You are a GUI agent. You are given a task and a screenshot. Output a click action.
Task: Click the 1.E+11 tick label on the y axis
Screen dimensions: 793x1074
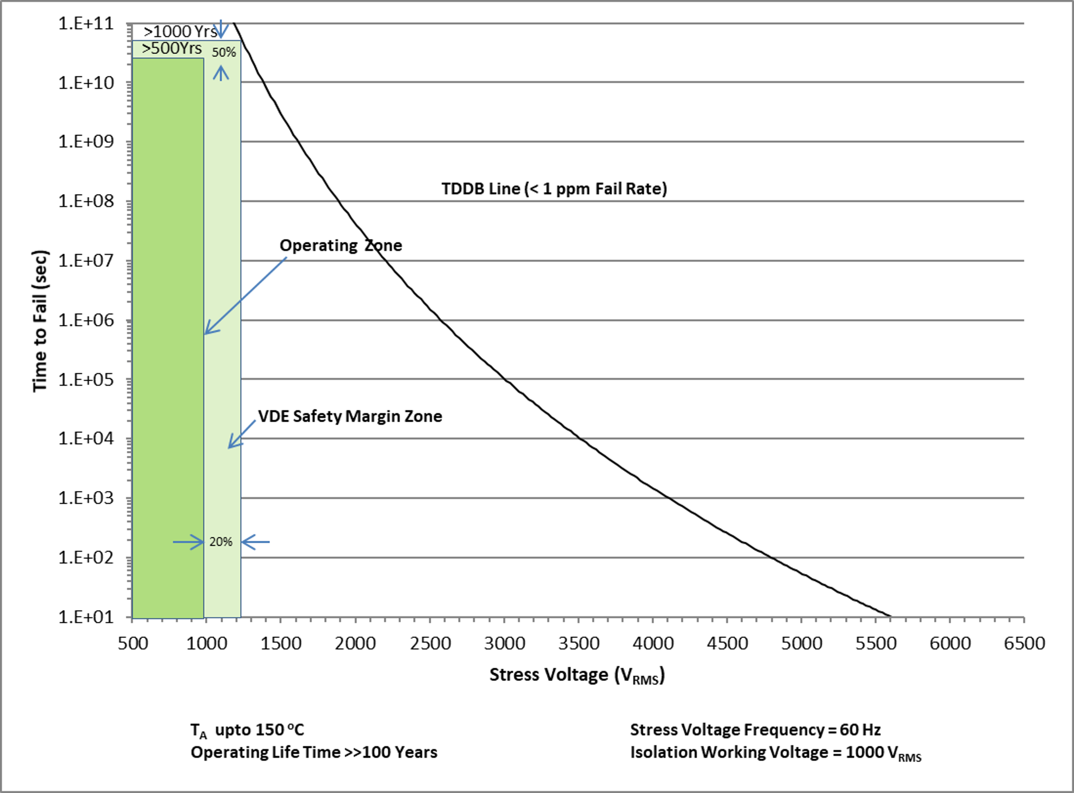pyautogui.click(x=87, y=23)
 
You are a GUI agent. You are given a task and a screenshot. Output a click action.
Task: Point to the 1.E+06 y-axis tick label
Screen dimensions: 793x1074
pyautogui.click(x=87, y=320)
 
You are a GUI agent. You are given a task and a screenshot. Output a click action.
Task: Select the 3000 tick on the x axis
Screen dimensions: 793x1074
pyautogui.click(x=504, y=643)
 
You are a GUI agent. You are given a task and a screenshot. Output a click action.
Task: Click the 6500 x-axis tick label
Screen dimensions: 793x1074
pyautogui.click(x=1024, y=643)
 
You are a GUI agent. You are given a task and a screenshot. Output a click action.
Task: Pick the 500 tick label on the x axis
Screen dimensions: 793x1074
pyautogui.click(x=133, y=643)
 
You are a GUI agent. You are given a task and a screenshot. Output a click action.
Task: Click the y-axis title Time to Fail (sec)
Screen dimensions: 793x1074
pyautogui.click(x=40, y=321)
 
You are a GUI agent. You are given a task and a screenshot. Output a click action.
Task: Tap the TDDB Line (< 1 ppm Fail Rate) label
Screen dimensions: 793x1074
pyautogui.click(x=554, y=189)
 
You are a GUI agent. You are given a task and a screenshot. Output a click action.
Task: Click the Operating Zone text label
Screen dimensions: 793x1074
pyautogui.click(x=340, y=245)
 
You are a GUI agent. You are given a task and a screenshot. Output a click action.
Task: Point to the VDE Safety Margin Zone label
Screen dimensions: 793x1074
pyautogui.click(x=350, y=416)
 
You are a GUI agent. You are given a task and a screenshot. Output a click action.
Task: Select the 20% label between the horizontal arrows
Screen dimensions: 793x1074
pyautogui.click(x=221, y=542)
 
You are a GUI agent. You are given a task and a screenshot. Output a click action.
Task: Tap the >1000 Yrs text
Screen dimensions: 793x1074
pyautogui.click(x=180, y=31)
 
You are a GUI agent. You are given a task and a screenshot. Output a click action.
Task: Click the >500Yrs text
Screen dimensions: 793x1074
pyautogui.click(x=172, y=48)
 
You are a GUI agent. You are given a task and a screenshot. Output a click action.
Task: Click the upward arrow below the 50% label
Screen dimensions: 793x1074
pyautogui.click(x=221, y=73)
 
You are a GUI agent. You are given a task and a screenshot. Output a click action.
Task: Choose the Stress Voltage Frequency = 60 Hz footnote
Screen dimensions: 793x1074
pyautogui.click(x=755, y=730)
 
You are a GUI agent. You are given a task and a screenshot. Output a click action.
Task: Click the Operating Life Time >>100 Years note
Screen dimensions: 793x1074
pyautogui.click(x=314, y=752)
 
